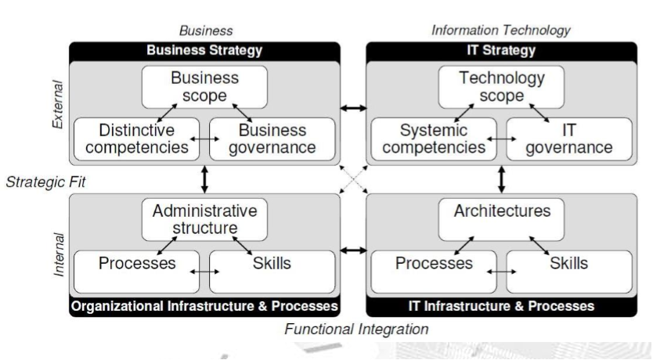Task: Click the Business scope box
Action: pos(204,87)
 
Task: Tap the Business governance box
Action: pos(272,139)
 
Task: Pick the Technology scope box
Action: pos(500,87)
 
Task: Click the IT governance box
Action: pos(568,139)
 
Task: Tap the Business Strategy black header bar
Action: pos(204,51)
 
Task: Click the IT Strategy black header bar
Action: pos(500,51)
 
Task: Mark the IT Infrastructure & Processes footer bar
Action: pos(500,305)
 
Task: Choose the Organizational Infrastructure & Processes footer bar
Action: pos(204,305)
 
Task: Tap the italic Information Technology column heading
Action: pos(501,31)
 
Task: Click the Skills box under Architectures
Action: pos(568,264)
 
